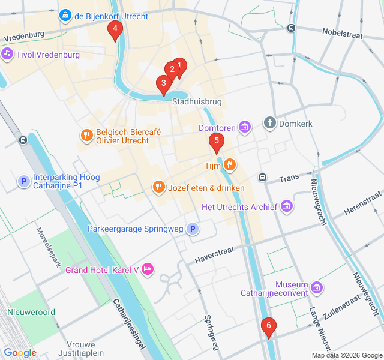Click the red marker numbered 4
tap(115, 29)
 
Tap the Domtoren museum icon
tap(244, 127)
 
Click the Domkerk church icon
tap(270, 123)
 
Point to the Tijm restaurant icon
tap(230, 164)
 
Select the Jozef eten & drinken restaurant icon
tap(158, 187)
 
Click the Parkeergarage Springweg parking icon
tap(192, 229)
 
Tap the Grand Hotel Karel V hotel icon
tap(148, 269)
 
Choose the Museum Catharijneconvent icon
tap(318, 289)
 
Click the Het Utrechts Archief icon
tap(287, 207)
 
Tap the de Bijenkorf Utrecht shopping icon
tap(65, 14)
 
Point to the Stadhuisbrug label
tap(197, 102)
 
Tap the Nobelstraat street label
tap(343, 34)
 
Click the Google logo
tap(20, 353)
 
